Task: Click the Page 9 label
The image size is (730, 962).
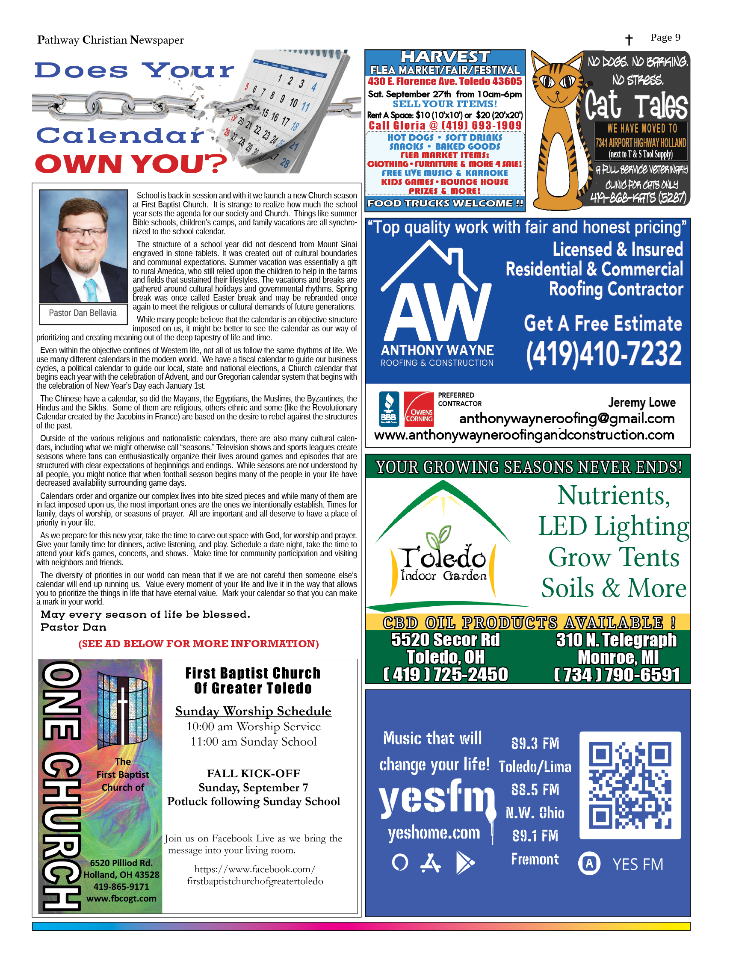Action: click(x=665, y=38)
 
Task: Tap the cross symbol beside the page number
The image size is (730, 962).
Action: click(x=629, y=40)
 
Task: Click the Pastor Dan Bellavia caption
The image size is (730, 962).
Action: click(x=83, y=313)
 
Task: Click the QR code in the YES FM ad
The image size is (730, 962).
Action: click(x=630, y=785)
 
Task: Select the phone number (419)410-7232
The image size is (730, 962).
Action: click(x=603, y=354)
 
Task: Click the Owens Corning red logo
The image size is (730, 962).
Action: click(x=419, y=409)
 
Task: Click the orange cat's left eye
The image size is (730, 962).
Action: click(x=547, y=81)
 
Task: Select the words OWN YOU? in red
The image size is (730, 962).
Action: click(x=130, y=164)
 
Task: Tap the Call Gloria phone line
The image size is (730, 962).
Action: click(x=445, y=126)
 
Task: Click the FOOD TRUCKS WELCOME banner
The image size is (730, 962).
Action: click(x=445, y=204)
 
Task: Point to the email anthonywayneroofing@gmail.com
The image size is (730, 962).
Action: click(x=567, y=419)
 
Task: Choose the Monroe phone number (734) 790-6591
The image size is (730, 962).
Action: click(x=616, y=675)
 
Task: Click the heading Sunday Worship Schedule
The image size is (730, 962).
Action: click(x=253, y=711)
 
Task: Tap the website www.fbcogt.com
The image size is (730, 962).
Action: click(x=121, y=898)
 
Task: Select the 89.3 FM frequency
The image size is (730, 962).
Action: click(x=535, y=743)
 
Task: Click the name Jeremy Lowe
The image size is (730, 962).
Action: click(x=641, y=402)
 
